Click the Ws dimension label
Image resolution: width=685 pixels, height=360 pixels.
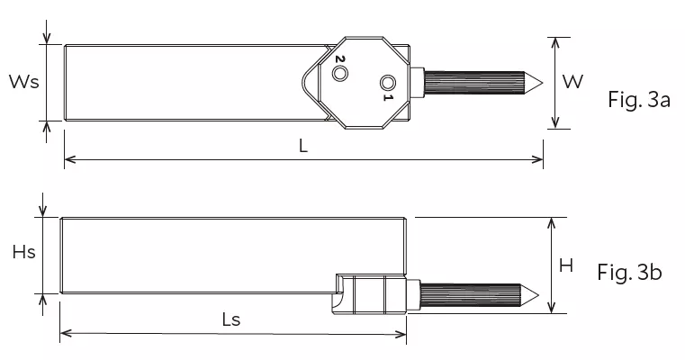click(x=23, y=82)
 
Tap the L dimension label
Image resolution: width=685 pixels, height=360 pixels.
click(x=303, y=147)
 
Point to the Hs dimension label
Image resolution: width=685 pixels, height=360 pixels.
click(x=23, y=253)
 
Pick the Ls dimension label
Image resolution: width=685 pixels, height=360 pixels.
click(x=230, y=319)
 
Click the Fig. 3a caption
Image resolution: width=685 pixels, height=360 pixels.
click(x=639, y=101)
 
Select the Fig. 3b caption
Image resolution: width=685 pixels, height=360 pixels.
click(x=629, y=272)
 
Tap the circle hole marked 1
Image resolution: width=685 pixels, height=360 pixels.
click(x=387, y=81)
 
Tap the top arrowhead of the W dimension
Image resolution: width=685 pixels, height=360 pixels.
click(x=556, y=41)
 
